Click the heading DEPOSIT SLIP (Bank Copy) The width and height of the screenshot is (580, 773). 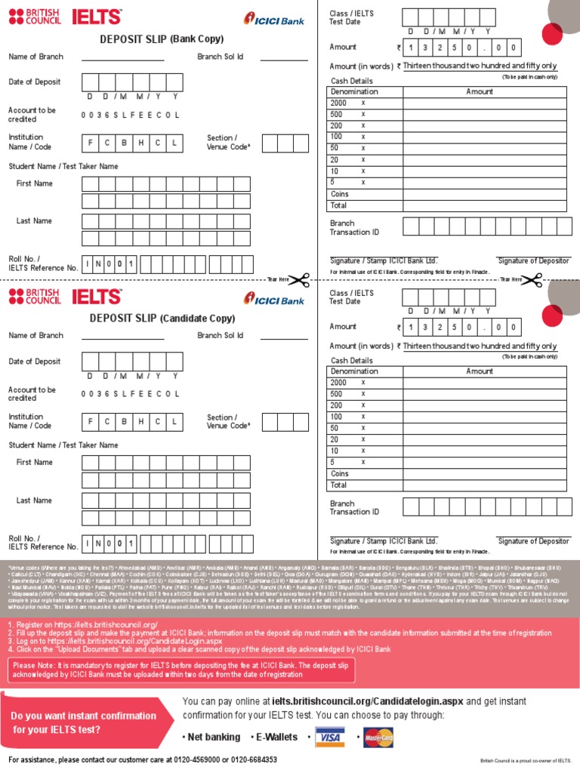click(x=162, y=38)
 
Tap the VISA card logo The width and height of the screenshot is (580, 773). click(x=328, y=737)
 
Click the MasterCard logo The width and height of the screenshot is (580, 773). click(x=378, y=737)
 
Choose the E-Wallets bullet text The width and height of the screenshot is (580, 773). click(x=273, y=737)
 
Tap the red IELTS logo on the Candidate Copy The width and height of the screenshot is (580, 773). click(x=96, y=297)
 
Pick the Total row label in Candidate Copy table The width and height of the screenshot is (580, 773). click(x=338, y=485)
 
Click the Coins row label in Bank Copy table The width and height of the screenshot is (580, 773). click(x=340, y=194)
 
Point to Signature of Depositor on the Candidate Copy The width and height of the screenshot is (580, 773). click(x=533, y=540)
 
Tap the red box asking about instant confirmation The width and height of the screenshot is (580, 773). click(x=85, y=722)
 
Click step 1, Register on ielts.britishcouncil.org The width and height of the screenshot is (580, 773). click(x=83, y=624)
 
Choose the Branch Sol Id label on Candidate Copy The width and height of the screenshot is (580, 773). click(x=221, y=335)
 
